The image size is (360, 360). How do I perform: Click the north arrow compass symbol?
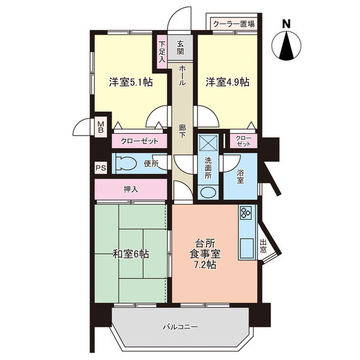[x=286, y=46]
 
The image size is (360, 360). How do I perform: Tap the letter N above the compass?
[x=286, y=24]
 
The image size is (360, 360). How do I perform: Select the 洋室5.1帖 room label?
[x=131, y=82]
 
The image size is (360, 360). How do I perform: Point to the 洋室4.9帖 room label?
[x=227, y=82]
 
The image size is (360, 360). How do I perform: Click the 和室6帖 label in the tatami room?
[x=131, y=254]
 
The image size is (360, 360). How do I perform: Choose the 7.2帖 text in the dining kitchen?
[x=205, y=265]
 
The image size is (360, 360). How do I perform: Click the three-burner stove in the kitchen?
[x=245, y=212]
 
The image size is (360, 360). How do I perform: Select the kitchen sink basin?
[x=247, y=248]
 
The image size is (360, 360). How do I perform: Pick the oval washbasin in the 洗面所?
[x=208, y=192]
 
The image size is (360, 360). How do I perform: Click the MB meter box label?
[x=101, y=127]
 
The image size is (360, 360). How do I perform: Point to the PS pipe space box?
[x=101, y=168]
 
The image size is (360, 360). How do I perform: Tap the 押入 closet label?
[x=131, y=190]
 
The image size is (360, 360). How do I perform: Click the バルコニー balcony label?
[x=180, y=327]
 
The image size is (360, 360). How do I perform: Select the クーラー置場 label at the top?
[x=234, y=24]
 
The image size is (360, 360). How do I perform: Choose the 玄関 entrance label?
[x=181, y=47]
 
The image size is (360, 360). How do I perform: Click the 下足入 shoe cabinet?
[x=162, y=52]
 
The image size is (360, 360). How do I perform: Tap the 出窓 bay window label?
[x=263, y=246]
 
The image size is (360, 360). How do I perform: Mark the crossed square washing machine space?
[x=208, y=143]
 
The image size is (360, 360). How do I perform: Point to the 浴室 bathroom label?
[x=240, y=176]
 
